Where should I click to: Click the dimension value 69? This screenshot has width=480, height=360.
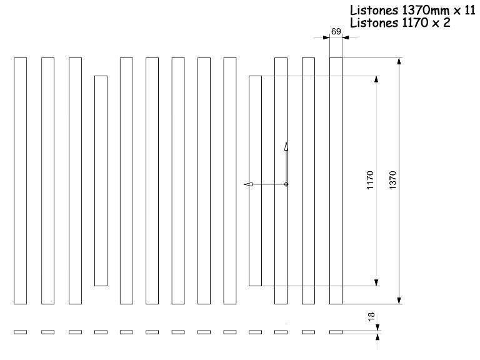click(336, 31)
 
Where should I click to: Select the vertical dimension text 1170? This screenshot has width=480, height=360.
click(370, 180)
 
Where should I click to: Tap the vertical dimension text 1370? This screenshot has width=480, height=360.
click(392, 180)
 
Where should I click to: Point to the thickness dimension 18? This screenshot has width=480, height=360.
click(371, 316)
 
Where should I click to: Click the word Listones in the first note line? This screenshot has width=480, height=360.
click(374, 11)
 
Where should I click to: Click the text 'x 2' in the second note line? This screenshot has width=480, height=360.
click(441, 22)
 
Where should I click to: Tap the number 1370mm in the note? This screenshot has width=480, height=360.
click(426, 11)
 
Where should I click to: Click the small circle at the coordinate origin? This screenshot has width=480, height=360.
click(286, 184)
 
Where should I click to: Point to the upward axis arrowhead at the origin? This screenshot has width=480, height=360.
click(286, 146)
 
